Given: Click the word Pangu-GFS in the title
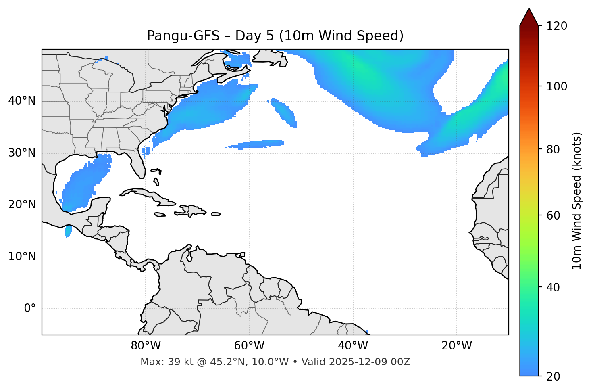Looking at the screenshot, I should pyautogui.click(x=183, y=36).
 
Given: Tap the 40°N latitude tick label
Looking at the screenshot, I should pyautogui.click(x=22, y=101).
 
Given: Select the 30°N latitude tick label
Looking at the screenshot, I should pyautogui.click(x=22, y=153).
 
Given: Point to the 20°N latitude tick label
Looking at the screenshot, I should pyautogui.click(x=22, y=205).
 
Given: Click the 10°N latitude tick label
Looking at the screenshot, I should pyautogui.click(x=22, y=257).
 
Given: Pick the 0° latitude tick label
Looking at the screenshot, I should pyautogui.click(x=29, y=309).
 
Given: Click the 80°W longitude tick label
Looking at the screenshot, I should pyautogui.click(x=146, y=346).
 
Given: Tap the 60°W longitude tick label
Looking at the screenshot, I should pyautogui.click(x=249, y=346).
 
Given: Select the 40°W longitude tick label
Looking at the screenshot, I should pyautogui.click(x=353, y=346).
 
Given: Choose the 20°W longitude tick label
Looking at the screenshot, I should pyautogui.click(x=456, y=346).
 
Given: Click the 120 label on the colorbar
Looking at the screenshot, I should pyautogui.click(x=557, y=26).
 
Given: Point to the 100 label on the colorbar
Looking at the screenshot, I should pyautogui.click(x=557, y=86).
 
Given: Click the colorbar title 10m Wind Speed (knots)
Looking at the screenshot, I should pyautogui.click(x=577, y=201).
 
